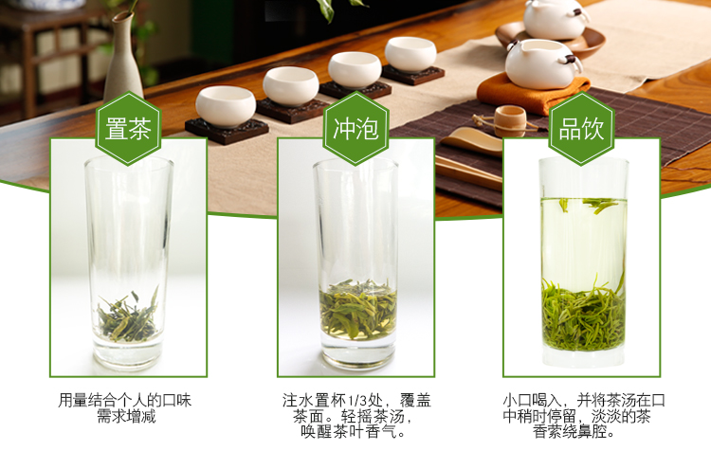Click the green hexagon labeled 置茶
coord(128,128)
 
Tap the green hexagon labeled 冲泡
coord(355,128)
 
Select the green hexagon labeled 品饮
coord(581,128)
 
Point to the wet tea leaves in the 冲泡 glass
coord(357,309)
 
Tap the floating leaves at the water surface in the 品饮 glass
coord(590,205)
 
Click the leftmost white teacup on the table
coord(226,106)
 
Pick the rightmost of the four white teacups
coord(410,54)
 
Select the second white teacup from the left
coord(291,86)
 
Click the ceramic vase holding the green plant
coord(123,59)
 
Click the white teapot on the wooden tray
coord(556,19)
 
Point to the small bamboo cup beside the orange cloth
coord(510,121)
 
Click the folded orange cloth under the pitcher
coord(534,94)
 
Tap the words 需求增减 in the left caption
coord(126,416)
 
